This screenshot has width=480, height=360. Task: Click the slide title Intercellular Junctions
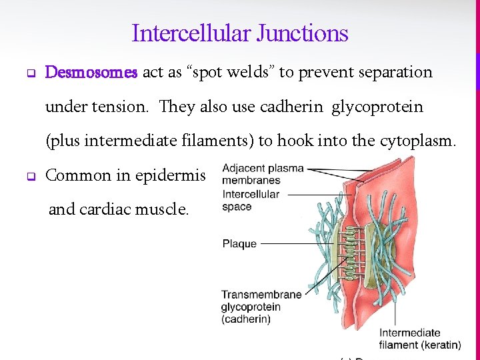click(240, 33)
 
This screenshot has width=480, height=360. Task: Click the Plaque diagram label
click(239, 244)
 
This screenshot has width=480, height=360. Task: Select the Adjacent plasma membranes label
click(254, 174)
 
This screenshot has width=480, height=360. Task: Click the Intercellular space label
click(251, 201)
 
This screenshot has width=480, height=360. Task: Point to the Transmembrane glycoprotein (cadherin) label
click(251, 307)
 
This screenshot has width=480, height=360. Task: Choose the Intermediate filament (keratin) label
click(420, 339)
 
